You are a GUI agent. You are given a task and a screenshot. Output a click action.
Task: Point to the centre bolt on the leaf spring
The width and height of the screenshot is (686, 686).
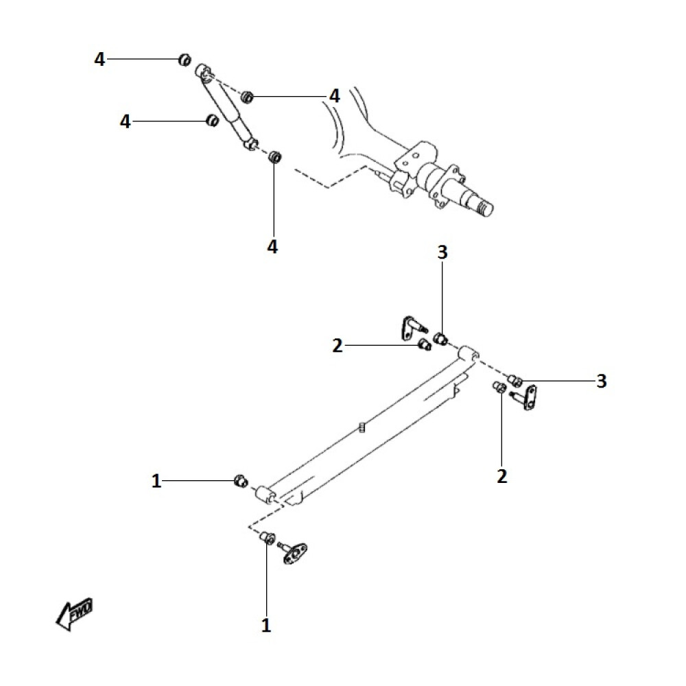tap(362, 428)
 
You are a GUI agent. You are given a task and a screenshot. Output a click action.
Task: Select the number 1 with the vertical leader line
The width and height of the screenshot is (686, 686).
tap(266, 625)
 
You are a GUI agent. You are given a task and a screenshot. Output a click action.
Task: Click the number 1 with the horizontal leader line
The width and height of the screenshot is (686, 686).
tap(156, 482)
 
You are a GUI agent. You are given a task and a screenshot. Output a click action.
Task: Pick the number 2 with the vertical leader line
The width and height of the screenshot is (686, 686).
tap(502, 475)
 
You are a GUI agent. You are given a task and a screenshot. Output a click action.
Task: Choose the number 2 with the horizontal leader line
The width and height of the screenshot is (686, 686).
tap(337, 346)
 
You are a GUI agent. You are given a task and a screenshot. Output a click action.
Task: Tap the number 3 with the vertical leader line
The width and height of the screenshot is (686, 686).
tap(442, 252)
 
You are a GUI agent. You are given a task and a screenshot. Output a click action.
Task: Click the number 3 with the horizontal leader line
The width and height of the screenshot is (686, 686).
tap(602, 381)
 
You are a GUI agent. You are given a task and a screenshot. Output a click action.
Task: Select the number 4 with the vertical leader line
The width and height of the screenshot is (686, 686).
tap(273, 246)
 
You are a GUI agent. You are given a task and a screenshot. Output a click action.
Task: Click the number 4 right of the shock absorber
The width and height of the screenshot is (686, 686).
tap(334, 97)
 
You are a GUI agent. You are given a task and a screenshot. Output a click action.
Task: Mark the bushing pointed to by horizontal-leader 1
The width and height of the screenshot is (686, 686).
tap(241, 480)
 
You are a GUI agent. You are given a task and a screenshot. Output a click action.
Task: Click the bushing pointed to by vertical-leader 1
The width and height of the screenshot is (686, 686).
tap(268, 538)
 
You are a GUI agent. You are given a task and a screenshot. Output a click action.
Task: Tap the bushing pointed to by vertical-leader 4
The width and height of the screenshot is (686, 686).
tap(274, 156)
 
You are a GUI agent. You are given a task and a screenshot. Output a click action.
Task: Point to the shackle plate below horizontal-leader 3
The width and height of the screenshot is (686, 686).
tap(529, 397)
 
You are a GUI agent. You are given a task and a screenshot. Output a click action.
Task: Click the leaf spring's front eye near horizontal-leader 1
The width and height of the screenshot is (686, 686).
tap(263, 495)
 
